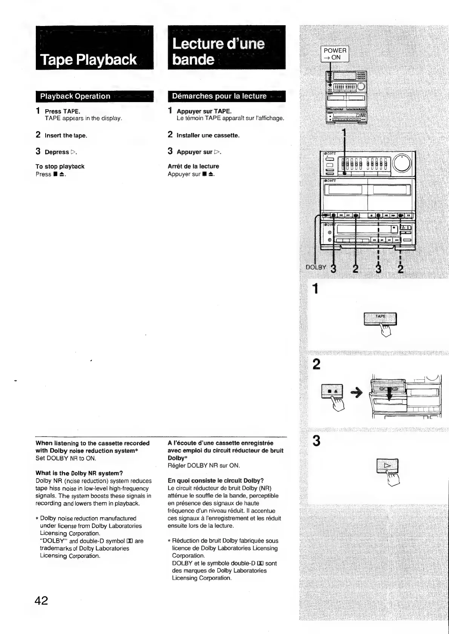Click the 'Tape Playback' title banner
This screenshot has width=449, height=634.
[94, 48]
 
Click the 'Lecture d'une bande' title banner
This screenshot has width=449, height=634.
[226, 48]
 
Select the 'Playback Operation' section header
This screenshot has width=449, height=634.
[94, 96]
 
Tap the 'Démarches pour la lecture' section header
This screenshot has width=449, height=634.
[226, 96]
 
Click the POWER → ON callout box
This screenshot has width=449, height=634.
[335, 54]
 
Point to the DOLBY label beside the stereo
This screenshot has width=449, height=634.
[316, 267]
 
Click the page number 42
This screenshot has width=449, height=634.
[41, 600]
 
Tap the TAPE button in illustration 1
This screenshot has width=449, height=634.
[380, 318]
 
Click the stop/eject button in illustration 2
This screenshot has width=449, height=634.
[332, 391]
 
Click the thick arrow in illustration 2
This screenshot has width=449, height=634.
[356, 393]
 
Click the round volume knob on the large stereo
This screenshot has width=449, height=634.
[403, 163]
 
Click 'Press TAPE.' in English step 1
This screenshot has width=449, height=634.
[63, 112]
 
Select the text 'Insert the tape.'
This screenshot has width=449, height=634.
[66, 136]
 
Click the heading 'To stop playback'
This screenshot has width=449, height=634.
[60, 167]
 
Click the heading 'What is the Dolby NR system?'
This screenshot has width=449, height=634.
[79, 473]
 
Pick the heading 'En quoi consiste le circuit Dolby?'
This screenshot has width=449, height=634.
[216, 481]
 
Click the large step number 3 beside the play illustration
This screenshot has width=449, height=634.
[317, 441]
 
